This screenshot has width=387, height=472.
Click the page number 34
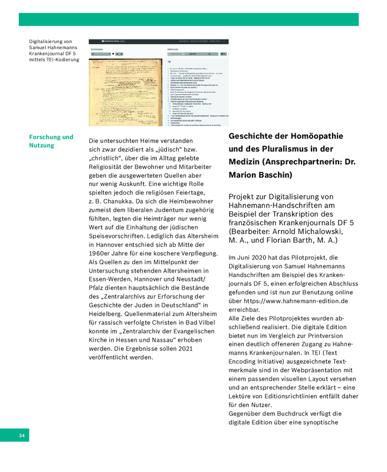coord(21,435)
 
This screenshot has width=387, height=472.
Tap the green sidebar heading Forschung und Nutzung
coord(51,141)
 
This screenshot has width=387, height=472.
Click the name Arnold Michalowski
coord(319,231)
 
